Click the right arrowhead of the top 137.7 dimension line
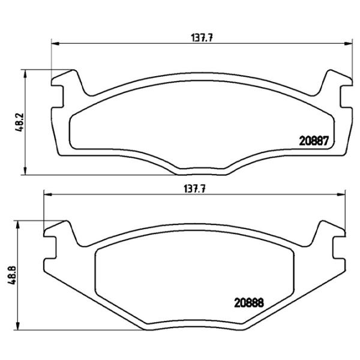tap(349, 43)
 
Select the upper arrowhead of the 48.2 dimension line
tap(25, 72)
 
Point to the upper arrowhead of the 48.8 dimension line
tap(19, 224)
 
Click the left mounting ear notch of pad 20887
tap(58, 96)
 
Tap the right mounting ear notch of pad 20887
tap(347, 96)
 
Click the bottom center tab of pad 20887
tap(201, 170)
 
